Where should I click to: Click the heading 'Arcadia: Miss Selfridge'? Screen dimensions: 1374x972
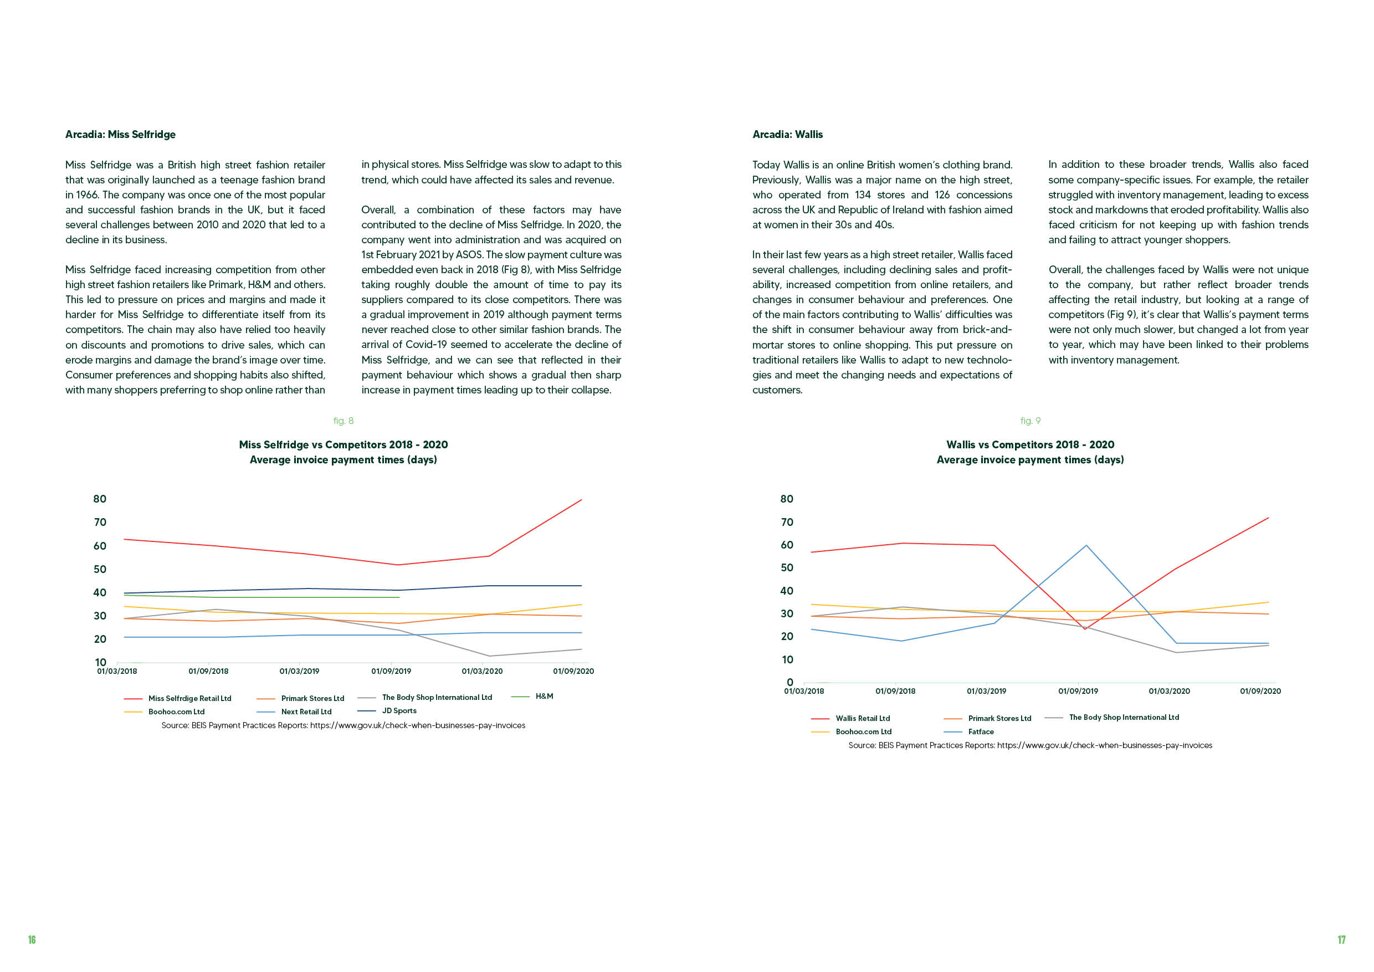click(x=120, y=135)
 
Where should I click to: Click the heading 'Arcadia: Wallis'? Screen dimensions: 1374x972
click(x=787, y=135)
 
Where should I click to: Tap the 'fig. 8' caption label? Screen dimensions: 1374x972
click(x=343, y=421)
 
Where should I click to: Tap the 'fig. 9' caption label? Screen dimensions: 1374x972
click(x=1030, y=421)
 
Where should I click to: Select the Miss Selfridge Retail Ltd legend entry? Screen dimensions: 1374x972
click(x=178, y=698)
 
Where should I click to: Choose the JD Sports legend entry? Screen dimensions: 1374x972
click(x=387, y=711)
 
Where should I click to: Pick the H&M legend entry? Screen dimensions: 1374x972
click(x=532, y=697)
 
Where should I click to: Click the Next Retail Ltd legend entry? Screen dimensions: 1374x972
click(x=294, y=712)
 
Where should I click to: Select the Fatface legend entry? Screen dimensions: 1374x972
click(x=968, y=732)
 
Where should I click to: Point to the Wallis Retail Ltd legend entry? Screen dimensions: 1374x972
click(x=850, y=719)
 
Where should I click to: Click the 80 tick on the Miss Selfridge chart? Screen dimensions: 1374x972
click(x=100, y=499)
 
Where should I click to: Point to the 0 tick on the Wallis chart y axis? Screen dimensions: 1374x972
click(x=790, y=682)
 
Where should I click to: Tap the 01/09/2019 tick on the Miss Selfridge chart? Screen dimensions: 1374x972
click(x=391, y=672)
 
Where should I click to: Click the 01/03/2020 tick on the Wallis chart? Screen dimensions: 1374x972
click(x=1170, y=691)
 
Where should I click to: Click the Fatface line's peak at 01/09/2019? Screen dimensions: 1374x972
click(x=1085, y=545)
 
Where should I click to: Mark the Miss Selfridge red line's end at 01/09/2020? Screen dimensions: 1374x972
click(x=582, y=500)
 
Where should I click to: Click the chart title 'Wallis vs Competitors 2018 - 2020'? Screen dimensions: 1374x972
click(x=1030, y=444)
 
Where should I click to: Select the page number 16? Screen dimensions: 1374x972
click(x=32, y=940)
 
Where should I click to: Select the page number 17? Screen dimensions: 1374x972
click(x=1342, y=940)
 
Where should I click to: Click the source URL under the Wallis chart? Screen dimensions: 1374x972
click(x=1105, y=746)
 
